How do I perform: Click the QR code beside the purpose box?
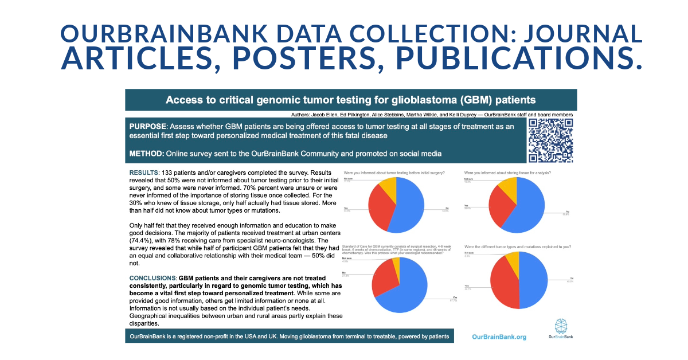pyautogui.click(x=550, y=141)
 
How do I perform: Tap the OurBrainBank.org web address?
pyautogui.click(x=499, y=337)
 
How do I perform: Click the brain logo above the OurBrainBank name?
pyautogui.click(x=560, y=325)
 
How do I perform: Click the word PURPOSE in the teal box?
pyautogui.click(x=148, y=126)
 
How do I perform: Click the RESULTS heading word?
pyautogui.click(x=143, y=173)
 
